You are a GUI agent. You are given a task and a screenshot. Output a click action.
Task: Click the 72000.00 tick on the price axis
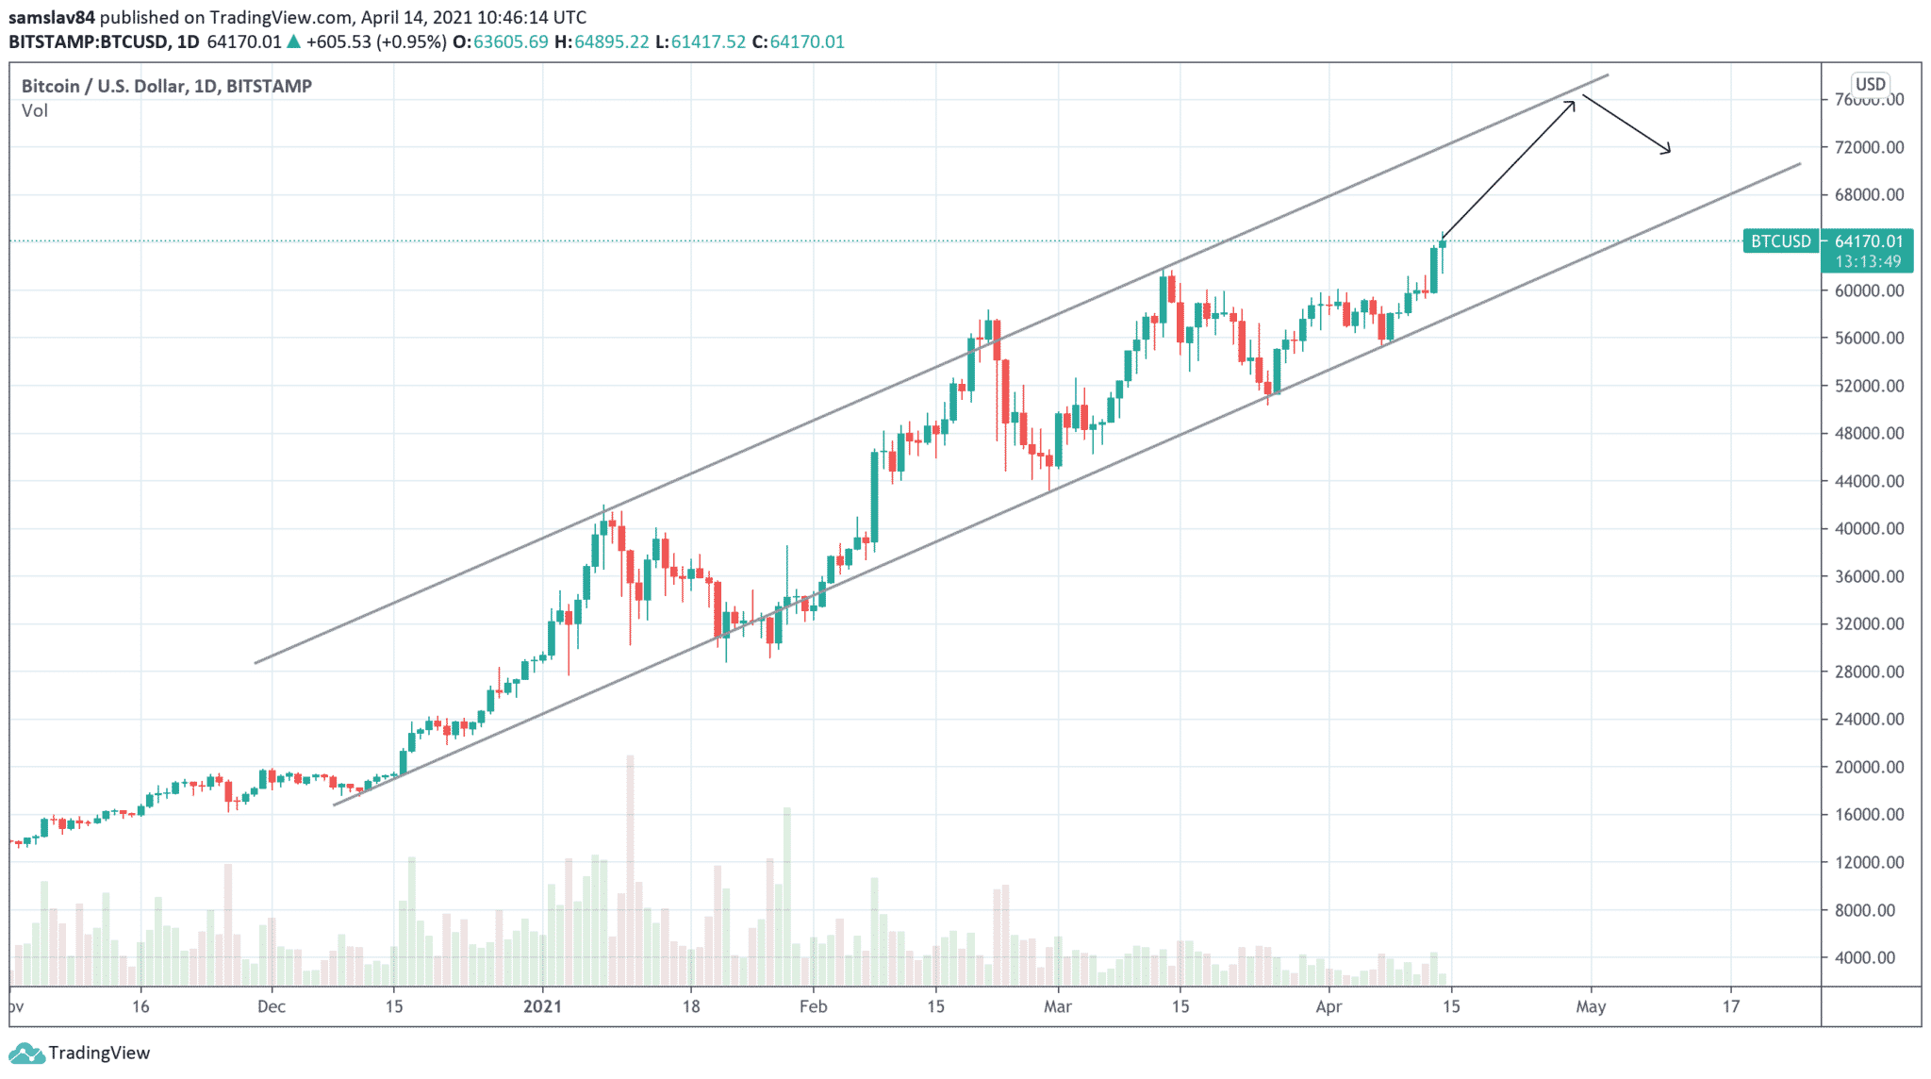pos(1869,147)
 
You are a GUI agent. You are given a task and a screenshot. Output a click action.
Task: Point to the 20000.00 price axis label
pos(1869,767)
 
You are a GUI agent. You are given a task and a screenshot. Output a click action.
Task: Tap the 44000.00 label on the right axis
pos(1869,481)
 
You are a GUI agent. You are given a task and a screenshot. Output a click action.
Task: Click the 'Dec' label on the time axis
pos(272,1006)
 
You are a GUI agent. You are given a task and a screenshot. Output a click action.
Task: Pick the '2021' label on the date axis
pos(542,1006)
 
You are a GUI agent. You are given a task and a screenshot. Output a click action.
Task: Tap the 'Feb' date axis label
pos(813,1006)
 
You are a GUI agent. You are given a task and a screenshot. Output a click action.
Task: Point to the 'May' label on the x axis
pos(1591,1006)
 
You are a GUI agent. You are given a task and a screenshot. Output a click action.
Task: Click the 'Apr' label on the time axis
pos(1329,1006)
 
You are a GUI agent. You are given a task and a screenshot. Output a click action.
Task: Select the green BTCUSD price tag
pos(1781,241)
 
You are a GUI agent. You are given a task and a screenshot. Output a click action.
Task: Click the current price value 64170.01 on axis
pos(1869,241)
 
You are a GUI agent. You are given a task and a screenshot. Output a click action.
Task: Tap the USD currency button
pos(1870,84)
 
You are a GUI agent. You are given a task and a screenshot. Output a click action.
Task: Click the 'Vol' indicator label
pos(35,111)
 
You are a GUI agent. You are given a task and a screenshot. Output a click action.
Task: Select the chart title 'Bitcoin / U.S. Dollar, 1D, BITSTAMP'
pos(167,86)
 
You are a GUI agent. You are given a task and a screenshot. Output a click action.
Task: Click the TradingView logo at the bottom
pos(79,1053)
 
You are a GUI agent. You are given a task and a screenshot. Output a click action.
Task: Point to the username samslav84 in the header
pos(52,17)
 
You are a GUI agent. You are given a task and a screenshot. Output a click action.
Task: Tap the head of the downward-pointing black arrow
pos(1668,151)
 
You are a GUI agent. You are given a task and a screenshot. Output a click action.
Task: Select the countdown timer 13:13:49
pos(1868,261)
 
